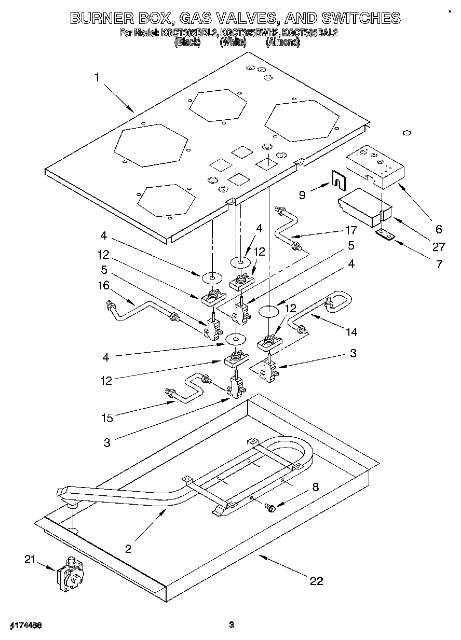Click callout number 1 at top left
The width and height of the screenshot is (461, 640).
pyautogui.click(x=97, y=77)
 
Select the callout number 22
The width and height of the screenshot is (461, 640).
pyautogui.click(x=316, y=580)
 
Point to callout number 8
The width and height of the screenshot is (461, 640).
pyautogui.click(x=315, y=487)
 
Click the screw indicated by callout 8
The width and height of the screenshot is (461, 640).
pyautogui.click(x=270, y=507)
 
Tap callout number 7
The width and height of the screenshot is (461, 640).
pyautogui.click(x=439, y=265)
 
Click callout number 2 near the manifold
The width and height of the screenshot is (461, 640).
pyautogui.click(x=128, y=548)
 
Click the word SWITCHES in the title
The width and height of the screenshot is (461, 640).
pyautogui.click(x=361, y=18)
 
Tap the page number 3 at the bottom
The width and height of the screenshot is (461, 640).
pyautogui.click(x=232, y=624)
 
